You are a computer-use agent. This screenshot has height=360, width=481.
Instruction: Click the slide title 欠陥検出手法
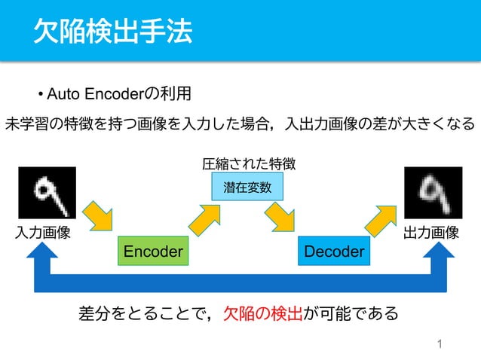pyautogui.click(x=113, y=32)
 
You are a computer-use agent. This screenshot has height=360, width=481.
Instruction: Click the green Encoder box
pyautogui.click(x=153, y=251)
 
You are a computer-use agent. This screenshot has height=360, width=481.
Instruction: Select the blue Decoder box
pyautogui.click(x=334, y=251)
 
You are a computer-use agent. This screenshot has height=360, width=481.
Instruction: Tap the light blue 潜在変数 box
pyautogui.click(x=247, y=187)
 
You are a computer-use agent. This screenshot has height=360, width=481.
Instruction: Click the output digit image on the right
pyautogui.click(x=433, y=192)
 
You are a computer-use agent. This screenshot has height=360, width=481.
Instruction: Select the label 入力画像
pyautogui.click(x=43, y=233)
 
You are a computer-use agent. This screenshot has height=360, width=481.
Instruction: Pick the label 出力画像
pyautogui.click(x=431, y=233)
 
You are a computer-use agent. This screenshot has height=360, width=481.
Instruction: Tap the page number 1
pyautogui.click(x=440, y=345)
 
